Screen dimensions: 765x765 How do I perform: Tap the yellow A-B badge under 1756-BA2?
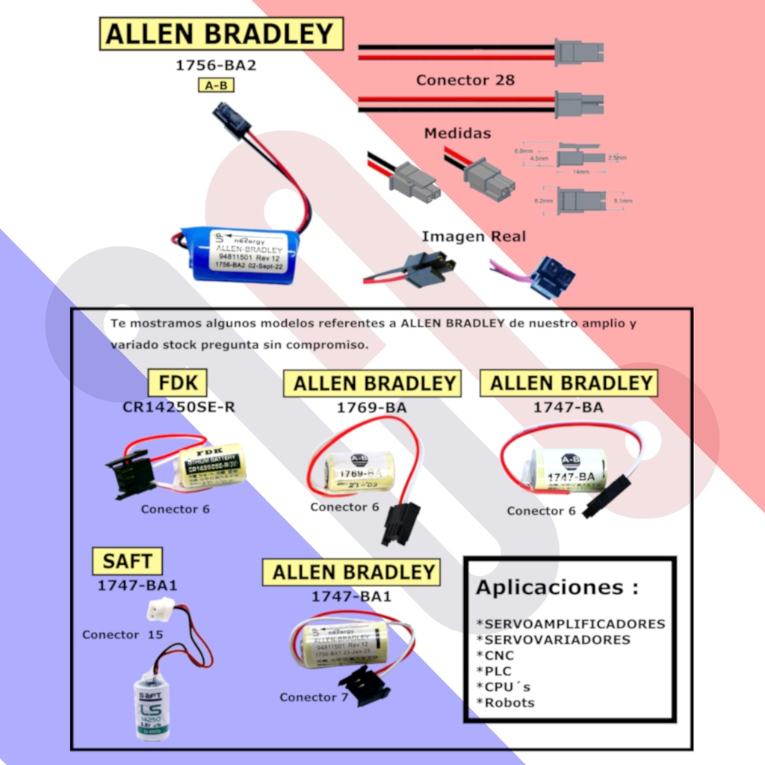(216, 85)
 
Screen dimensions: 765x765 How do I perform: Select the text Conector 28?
(465, 79)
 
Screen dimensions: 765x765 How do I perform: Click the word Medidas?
(457, 133)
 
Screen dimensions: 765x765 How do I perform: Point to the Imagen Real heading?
(474, 236)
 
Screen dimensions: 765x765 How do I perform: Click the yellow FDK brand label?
(178, 382)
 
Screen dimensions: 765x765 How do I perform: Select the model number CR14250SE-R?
(179, 408)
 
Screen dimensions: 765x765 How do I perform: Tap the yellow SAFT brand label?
(127, 560)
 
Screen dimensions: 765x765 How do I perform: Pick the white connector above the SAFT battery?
(161, 609)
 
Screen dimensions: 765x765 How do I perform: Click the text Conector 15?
(123, 634)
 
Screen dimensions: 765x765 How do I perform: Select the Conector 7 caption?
(314, 697)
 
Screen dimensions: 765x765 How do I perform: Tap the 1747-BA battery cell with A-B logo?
(568, 468)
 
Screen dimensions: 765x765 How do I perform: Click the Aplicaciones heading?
(557, 587)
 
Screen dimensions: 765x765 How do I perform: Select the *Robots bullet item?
(505, 702)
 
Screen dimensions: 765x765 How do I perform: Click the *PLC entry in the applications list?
(494, 671)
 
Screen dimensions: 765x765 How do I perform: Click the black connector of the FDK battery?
(131, 473)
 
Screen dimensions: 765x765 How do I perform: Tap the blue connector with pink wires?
(552, 276)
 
